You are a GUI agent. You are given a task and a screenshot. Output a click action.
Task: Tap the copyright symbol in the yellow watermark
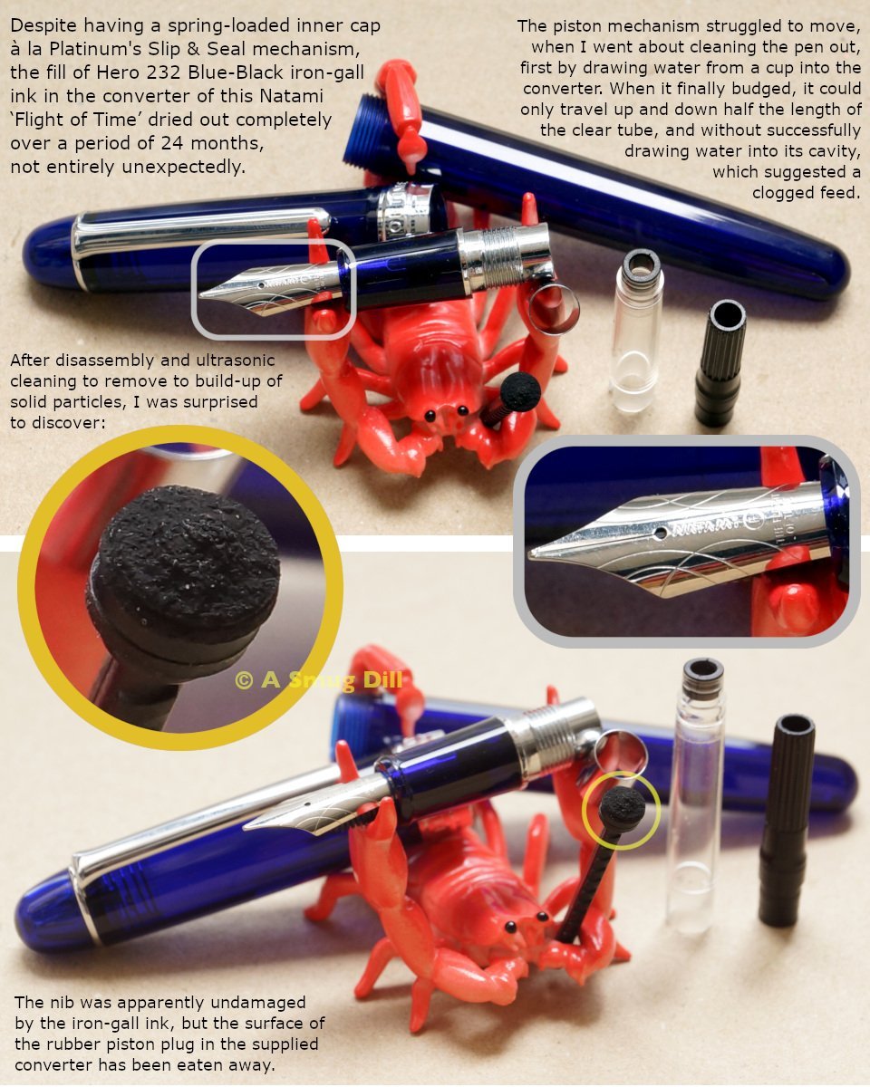pos(244,680)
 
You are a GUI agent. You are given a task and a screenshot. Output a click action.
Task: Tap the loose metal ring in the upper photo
pos(554,309)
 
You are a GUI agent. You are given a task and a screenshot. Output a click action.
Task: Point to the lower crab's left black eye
pos(510,927)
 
